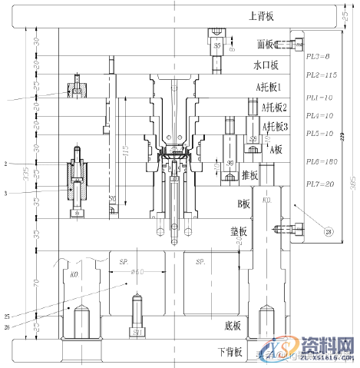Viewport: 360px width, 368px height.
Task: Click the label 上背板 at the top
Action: pyautogui.click(x=262, y=16)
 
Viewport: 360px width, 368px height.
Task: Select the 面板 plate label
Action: pyautogui.click(x=266, y=45)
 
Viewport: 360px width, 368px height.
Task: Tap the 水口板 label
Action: pyautogui.click(x=266, y=65)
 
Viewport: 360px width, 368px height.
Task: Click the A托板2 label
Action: pyautogui.click(x=274, y=107)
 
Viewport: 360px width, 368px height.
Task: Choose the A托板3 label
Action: pyautogui.click(x=275, y=126)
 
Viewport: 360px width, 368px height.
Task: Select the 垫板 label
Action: pyautogui.click(x=239, y=231)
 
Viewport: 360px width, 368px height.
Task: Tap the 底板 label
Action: pyautogui.click(x=233, y=326)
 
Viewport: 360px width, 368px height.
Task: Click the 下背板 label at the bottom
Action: pyautogui.click(x=229, y=353)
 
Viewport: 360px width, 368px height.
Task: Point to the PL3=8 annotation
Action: pyautogui.click(x=317, y=58)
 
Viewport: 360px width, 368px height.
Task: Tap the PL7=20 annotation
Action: pyautogui.click(x=319, y=184)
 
